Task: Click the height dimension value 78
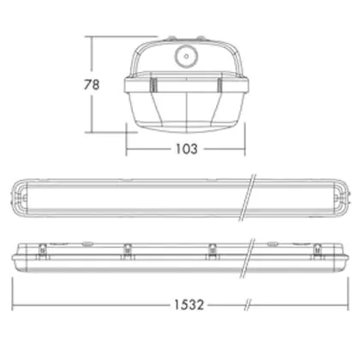pos(92,85)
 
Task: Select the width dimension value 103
pos(186,149)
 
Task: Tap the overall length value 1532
pos(189,305)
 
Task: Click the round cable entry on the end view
pos(186,57)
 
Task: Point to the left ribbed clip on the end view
pos(153,85)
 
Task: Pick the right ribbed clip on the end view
pos(219,85)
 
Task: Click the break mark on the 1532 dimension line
pos(248,305)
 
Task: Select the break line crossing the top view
pos(247,198)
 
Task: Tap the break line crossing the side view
pos(247,258)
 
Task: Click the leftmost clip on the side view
pos(42,251)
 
